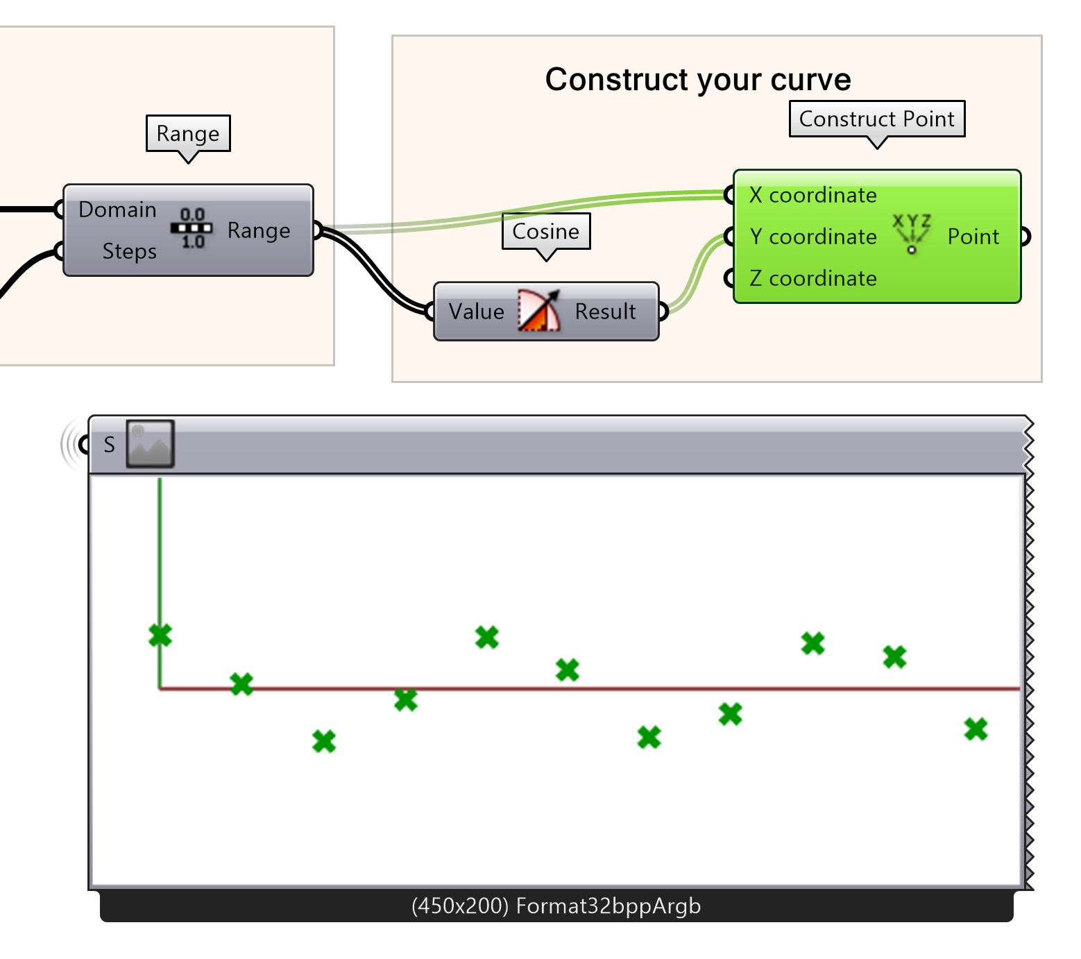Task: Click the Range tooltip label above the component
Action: coord(187,133)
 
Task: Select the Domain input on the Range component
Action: coord(117,210)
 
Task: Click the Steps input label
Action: coord(129,251)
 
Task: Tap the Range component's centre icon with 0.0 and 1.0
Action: coord(192,229)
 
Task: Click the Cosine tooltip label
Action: coord(545,231)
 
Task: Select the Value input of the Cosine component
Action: coord(476,312)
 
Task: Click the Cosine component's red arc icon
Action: coord(539,311)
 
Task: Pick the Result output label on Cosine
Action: coord(605,312)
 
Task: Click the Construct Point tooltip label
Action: coord(876,119)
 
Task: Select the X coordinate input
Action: coord(812,195)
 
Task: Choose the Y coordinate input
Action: coord(812,237)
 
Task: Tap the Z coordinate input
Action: coord(812,278)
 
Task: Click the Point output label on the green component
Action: coord(973,237)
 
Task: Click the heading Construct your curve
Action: coord(697,79)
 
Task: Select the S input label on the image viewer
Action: coord(109,445)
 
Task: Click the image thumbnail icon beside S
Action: coord(150,444)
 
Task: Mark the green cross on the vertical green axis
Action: coord(160,635)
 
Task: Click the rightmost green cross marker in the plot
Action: coord(976,729)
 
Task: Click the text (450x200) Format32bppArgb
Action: coord(556,906)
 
